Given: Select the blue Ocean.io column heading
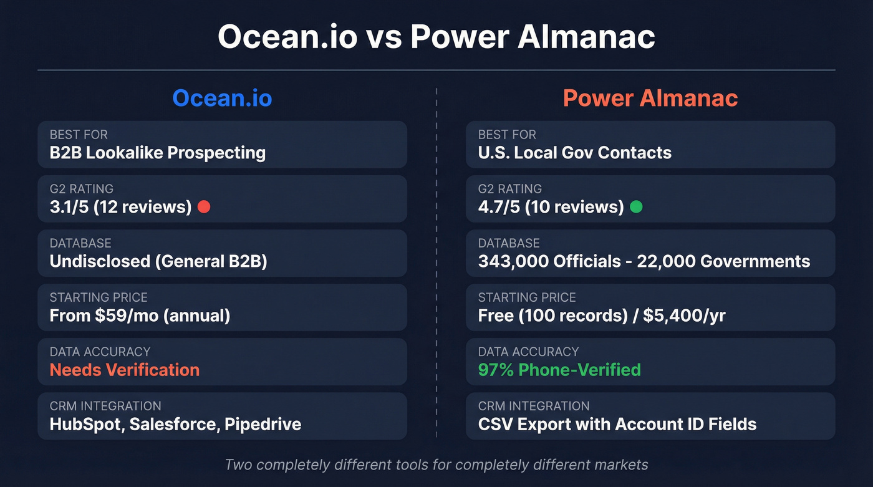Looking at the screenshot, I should point(222,99).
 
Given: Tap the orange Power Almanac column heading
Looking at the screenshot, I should point(650,99).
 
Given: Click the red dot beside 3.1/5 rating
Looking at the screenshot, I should point(203,207).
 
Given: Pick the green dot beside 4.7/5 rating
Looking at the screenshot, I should point(635,207).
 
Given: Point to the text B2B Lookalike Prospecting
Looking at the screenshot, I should point(158,153).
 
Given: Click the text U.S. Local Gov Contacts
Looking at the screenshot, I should point(574,153).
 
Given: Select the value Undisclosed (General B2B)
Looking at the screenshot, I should point(158,261).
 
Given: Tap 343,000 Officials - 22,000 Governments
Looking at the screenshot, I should point(644,261).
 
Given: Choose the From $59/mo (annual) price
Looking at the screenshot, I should point(140,316).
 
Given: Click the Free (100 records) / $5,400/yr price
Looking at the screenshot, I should point(601,316).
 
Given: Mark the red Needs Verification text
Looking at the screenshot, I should point(124,370).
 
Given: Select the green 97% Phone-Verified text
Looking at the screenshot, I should point(559,370).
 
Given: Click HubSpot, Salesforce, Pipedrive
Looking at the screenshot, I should point(175,425).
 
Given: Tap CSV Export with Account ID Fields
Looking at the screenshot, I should point(617,425).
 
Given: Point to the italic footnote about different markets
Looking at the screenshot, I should point(436,465).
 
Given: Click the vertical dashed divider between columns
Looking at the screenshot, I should point(436,262).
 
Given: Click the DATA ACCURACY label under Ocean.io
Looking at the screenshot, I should point(100,352).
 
